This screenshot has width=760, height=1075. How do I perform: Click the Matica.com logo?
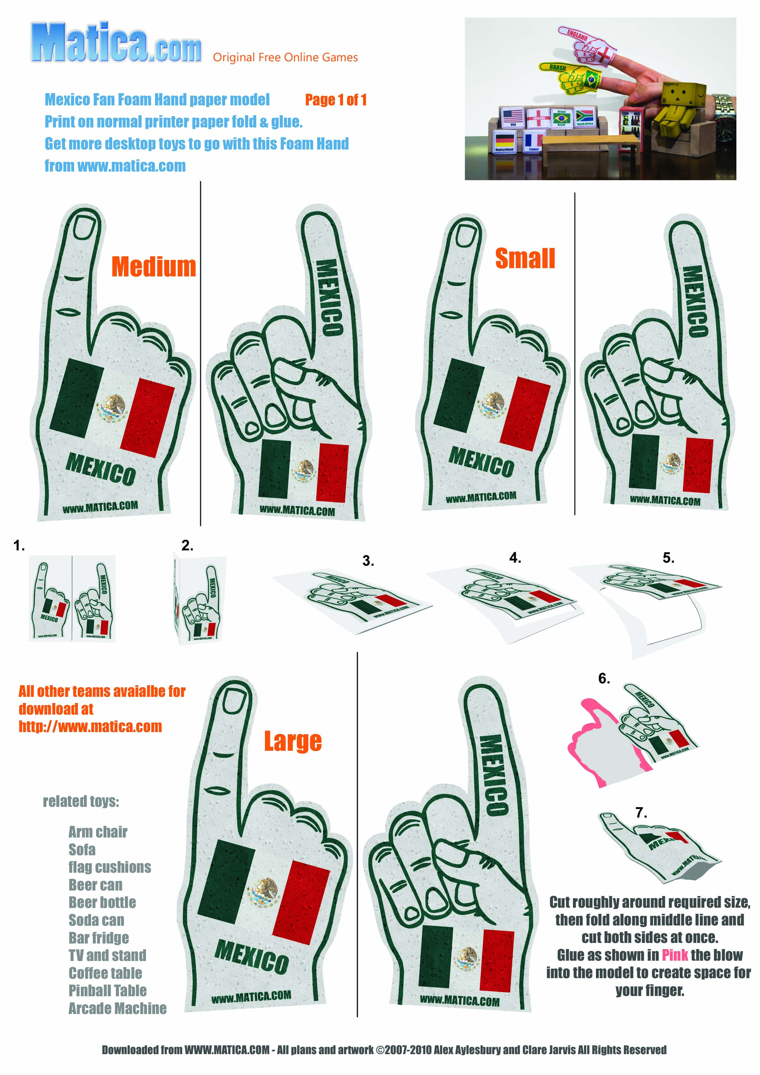tap(116, 43)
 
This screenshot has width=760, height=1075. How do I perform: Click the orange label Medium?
tap(154, 267)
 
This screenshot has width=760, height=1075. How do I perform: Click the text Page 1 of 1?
tap(336, 100)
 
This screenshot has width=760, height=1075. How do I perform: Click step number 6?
tap(604, 678)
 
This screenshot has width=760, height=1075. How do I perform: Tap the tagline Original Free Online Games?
tap(285, 58)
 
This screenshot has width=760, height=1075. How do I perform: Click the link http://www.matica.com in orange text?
tap(90, 726)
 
